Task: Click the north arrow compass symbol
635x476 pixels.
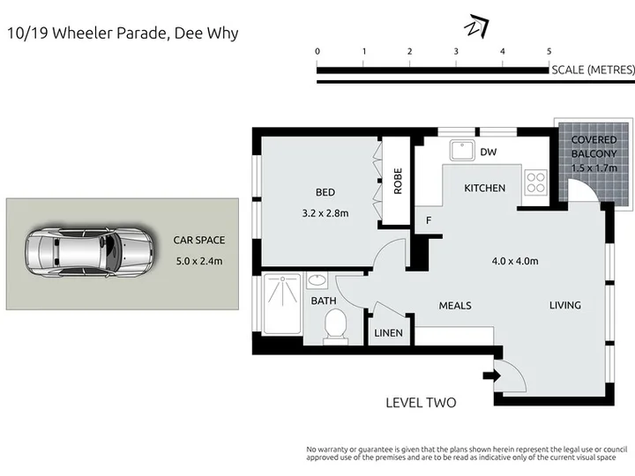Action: click(476, 26)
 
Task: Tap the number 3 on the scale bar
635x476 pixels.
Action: click(456, 51)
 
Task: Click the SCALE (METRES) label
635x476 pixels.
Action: click(593, 70)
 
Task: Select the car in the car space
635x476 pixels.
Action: click(89, 252)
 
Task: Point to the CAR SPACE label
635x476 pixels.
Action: click(198, 240)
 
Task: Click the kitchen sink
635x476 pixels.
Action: click(461, 150)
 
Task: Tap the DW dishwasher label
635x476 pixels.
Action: click(488, 152)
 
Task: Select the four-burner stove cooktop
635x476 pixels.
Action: click(536, 182)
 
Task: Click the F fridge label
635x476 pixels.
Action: click(429, 220)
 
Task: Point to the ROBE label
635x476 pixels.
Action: click(398, 181)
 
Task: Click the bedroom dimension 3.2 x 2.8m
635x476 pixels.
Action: click(325, 213)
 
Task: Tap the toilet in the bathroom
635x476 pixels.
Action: click(335, 327)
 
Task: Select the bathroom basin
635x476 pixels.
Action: click(317, 280)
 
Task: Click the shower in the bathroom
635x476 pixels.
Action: click(282, 304)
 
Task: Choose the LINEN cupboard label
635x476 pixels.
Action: click(388, 333)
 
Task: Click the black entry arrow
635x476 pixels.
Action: click(491, 376)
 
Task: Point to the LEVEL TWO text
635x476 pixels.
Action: click(421, 403)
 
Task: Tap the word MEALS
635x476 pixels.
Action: click(455, 306)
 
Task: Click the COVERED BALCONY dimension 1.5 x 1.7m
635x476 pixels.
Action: click(594, 167)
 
